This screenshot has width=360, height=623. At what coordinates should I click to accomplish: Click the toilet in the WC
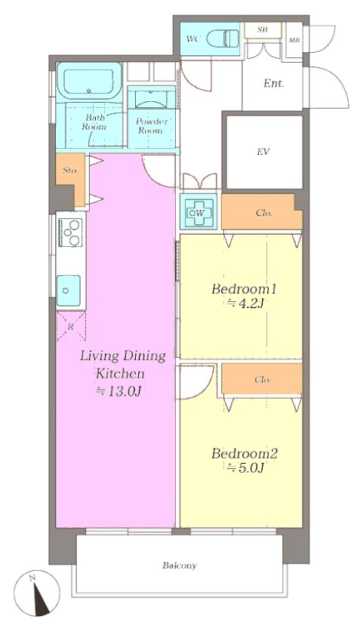pyautogui.click(x=223, y=39)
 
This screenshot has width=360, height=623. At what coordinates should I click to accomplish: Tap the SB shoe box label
pyautogui.click(x=262, y=29)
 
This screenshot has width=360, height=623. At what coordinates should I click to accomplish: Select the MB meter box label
pyautogui.click(x=294, y=40)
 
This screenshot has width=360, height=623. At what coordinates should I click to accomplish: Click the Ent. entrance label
pyautogui.click(x=274, y=83)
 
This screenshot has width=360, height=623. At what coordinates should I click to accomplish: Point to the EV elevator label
pyautogui.click(x=263, y=151)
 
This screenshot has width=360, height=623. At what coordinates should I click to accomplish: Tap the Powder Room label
pyautogui.click(x=151, y=125)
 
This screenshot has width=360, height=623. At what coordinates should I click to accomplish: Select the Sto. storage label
pyautogui.click(x=70, y=171)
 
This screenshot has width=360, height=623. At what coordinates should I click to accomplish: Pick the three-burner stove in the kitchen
pyautogui.click(x=71, y=233)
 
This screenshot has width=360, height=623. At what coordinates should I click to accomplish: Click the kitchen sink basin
pyautogui.click(x=68, y=291)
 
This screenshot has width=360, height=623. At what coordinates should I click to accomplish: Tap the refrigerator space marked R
pyautogui.click(x=71, y=326)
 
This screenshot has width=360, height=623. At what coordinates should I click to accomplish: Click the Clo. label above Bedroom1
pyautogui.click(x=264, y=213)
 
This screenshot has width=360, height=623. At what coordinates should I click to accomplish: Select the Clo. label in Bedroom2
pyautogui.click(x=263, y=380)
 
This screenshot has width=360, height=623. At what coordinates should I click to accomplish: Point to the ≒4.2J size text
pyautogui.click(x=245, y=304)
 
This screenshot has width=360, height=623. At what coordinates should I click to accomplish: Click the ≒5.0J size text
pyautogui.click(x=245, y=468)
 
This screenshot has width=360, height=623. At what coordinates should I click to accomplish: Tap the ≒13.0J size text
pyautogui.click(x=119, y=391)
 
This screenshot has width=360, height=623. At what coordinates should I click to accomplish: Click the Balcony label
pyautogui.click(x=180, y=566)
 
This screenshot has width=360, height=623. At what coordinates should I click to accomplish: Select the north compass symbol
pyautogui.click(x=36, y=594)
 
